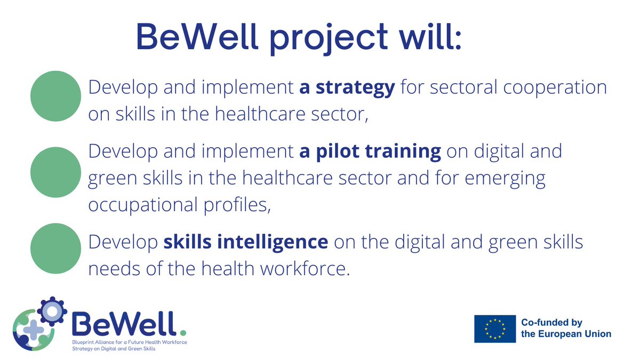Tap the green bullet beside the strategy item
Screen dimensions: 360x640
coord(55,97)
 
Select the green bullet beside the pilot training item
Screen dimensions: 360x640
coord(55,172)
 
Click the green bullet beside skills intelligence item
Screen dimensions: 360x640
coord(55,248)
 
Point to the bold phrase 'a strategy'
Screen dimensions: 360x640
coord(347,88)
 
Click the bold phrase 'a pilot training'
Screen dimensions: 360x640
coord(370,151)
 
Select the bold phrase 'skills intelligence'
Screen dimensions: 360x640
coord(245,242)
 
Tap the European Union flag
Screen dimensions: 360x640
coord(495,328)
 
